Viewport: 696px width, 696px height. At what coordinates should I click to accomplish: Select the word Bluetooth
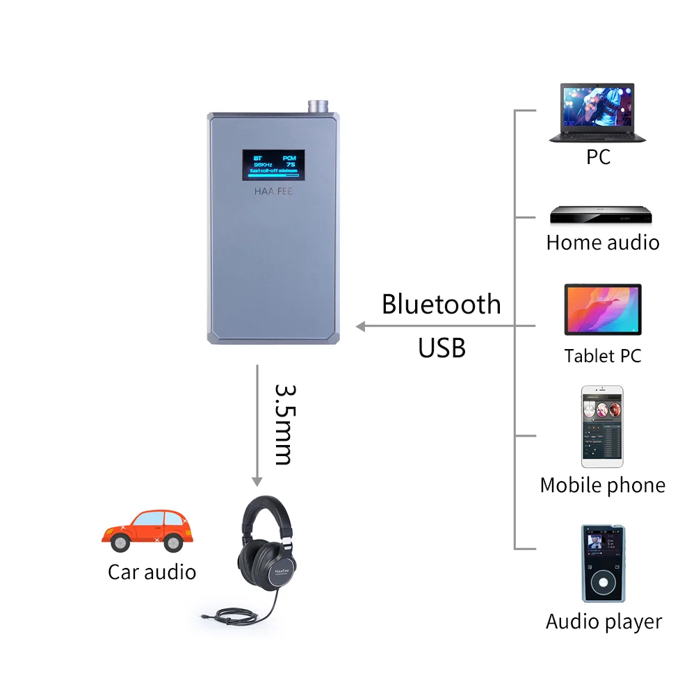[441, 305]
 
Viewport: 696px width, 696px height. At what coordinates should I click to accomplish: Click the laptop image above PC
[597, 113]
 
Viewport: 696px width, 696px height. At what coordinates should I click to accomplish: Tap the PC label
[598, 157]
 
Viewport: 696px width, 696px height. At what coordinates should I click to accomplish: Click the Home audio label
[602, 243]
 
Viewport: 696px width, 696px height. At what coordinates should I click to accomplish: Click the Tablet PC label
[602, 356]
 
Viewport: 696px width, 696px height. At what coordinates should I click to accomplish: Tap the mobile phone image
[602, 426]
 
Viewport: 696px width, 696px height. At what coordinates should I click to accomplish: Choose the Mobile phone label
[602, 485]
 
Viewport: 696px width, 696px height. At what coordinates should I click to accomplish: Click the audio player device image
[602, 563]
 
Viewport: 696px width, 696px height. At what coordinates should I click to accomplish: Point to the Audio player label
[604, 621]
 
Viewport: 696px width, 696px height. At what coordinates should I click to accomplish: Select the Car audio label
[152, 572]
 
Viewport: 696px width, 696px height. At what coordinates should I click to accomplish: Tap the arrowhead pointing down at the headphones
[257, 480]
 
